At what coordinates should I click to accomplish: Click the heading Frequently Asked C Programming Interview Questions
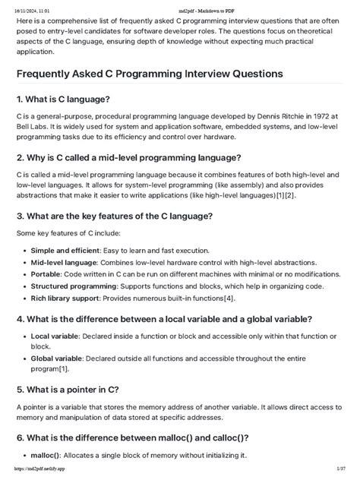pos(150,74)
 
